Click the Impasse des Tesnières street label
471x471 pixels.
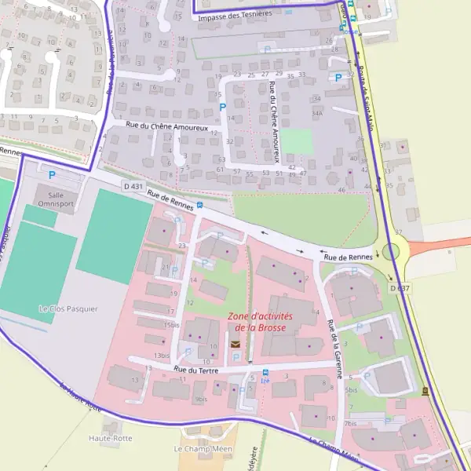(x=235, y=15)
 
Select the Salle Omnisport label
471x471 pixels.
(x=56, y=198)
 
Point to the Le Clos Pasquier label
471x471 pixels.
(x=68, y=309)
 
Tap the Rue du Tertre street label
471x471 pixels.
(x=195, y=369)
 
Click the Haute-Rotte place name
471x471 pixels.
(x=110, y=437)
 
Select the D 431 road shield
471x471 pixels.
(x=133, y=186)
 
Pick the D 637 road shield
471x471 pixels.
(x=399, y=288)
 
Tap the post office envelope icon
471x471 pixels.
(x=234, y=344)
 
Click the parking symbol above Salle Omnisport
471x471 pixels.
(x=53, y=175)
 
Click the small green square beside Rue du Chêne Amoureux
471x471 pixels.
(x=298, y=142)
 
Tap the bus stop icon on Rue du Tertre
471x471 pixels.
(x=265, y=372)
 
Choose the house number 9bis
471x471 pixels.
(x=201, y=399)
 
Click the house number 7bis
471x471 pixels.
(x=350, y=424)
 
